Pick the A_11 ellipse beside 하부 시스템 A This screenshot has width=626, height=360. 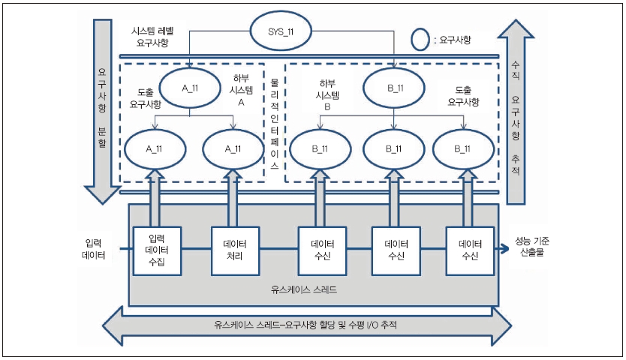pos(189,87)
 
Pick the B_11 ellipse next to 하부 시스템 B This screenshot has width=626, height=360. pos(395,88)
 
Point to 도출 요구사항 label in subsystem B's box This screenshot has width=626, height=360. pos(463,94)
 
